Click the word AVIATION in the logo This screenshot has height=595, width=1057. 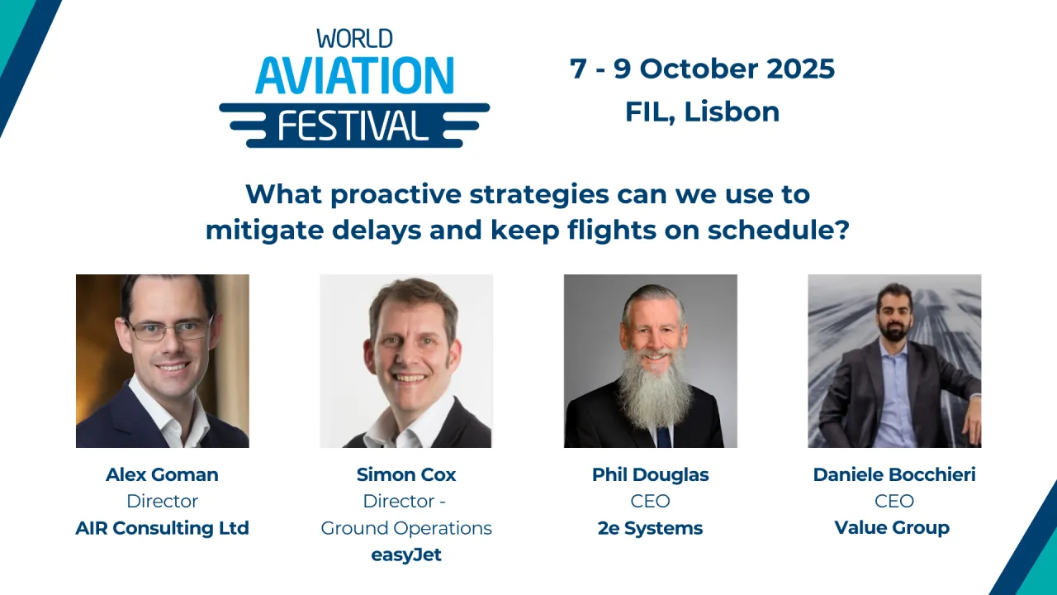354,75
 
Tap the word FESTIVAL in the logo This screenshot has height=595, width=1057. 354,126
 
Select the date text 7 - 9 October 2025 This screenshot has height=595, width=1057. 702,69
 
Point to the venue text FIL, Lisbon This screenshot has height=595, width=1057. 702,112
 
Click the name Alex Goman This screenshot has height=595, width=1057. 162,474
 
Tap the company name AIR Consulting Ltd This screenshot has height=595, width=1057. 162,527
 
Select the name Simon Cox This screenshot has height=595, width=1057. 406,474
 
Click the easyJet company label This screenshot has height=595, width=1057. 406,555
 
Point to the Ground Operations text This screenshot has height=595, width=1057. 406,527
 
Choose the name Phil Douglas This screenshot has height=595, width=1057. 651,474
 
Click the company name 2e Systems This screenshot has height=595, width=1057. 651,527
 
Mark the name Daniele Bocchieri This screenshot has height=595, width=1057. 894,474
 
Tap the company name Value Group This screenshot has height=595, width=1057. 892,527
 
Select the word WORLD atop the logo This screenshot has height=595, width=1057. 354,38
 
